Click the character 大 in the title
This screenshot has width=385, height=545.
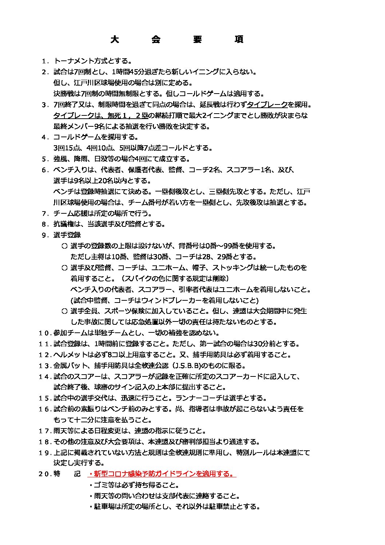pos(115,39)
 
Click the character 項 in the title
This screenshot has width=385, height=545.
pos(239,39)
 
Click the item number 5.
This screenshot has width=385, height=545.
pos(45,159)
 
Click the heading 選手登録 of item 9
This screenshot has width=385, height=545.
pos(67,235)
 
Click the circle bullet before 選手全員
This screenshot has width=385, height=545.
pos(64,311)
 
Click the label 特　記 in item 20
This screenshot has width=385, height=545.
pos(67,474)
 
